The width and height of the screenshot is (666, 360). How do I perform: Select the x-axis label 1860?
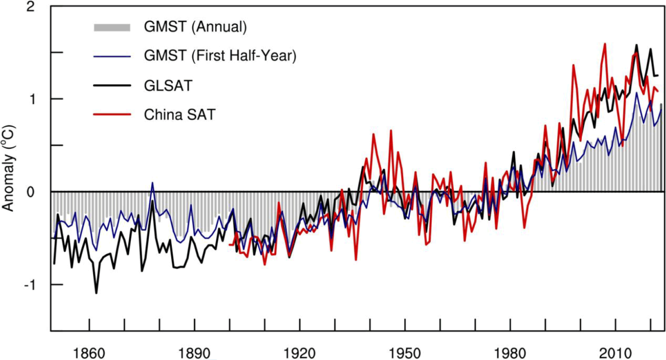tap(89, 353)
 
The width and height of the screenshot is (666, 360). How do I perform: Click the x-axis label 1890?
tap(195, 353)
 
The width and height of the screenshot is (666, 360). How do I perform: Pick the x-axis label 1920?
tap(300, 353)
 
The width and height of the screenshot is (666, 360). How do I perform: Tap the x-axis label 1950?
tap(405, 353)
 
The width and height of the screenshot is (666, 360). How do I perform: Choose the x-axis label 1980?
tap(510, 353)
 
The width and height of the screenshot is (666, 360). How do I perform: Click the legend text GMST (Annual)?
tap(195, 27)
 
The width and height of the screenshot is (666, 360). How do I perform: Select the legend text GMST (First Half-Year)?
tap(220, 56)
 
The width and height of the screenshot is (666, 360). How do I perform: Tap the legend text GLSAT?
tap(168, 85)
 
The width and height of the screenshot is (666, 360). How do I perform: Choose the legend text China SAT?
tap(180, 115)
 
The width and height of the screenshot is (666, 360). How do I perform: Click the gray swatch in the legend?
tap(112, 27)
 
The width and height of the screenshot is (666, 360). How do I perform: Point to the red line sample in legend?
tap(112, 115)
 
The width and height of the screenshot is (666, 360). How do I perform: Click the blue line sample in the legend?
tap(112, 56)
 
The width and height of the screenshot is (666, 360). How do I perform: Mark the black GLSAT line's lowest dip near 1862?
tap(96, 293)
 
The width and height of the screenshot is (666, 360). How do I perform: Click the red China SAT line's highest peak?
tap(605, 44)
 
